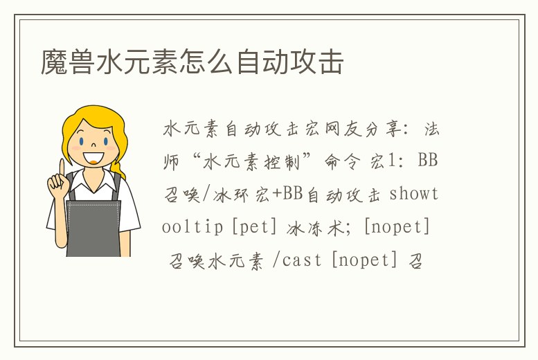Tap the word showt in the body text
(x=413, y=194)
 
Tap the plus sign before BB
(x=277, y=194)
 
